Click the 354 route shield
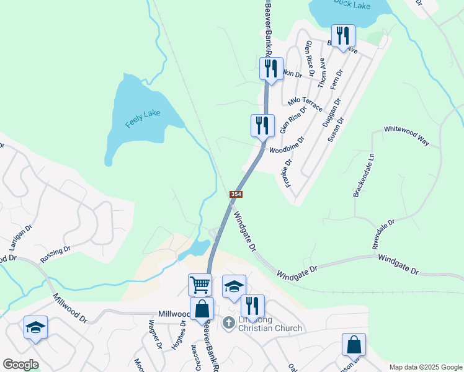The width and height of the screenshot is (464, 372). click(236, 195)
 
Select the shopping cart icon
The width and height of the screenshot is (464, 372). click(200, 285)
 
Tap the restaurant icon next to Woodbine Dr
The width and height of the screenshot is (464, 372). click(262, 125)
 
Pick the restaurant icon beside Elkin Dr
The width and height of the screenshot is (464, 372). click(270, 68)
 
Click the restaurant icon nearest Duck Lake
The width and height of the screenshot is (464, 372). click(342, 36)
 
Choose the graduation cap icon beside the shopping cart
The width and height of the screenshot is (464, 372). click(234, 286)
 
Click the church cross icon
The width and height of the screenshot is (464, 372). click(228, 322)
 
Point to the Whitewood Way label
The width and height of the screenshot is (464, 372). click(406, 135)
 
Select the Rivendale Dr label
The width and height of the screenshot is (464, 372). click(383, 234)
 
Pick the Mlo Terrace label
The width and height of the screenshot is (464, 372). click(305, 104)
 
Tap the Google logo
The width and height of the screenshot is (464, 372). click(20, 365)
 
